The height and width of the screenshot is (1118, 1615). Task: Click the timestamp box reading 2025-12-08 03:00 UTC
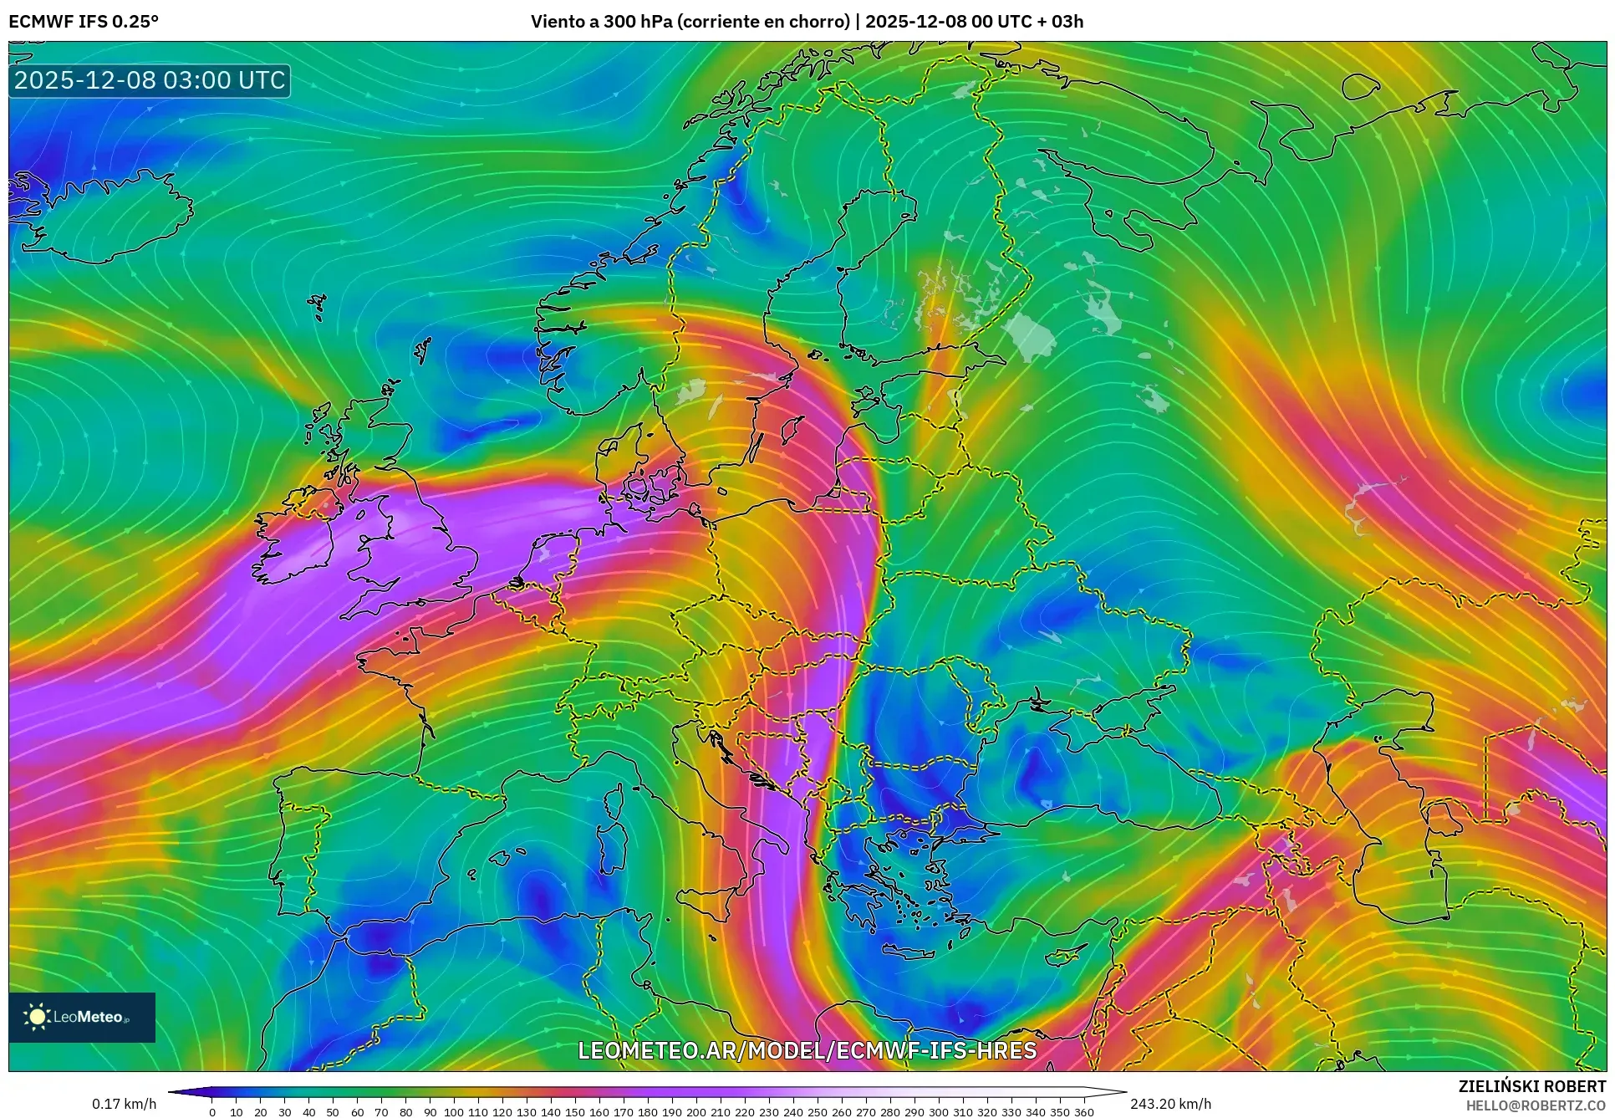tap(150, 80)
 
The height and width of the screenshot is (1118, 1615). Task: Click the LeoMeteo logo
tap(82, 1017)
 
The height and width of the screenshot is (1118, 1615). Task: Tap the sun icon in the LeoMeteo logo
tap(38, 1017)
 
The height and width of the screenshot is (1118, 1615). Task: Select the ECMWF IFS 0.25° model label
tap(84, 22)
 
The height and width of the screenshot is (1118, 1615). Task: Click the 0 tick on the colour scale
tap(212, 1112)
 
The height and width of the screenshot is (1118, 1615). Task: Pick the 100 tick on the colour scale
tap(453, 1112)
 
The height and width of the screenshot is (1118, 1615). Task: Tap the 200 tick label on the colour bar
tap(695, 1112)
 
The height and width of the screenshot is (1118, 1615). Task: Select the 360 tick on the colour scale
tap(1083, 1112)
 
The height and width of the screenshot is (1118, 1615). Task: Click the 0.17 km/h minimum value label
tap(124, 1104)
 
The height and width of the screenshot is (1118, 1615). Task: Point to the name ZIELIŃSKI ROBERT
tap(1531, 1086)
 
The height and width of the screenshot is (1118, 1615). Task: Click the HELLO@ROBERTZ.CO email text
tap(1536, 1105)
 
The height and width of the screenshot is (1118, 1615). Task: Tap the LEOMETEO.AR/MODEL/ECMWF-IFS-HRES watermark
tap(807, 1050)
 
